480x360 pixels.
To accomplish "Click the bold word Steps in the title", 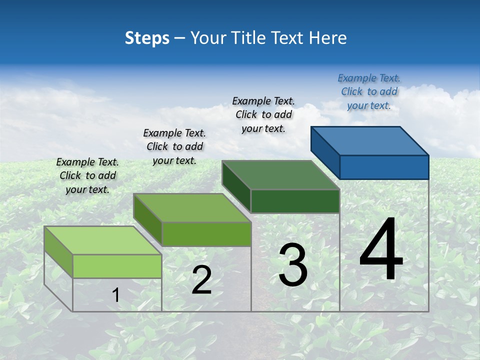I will click(147, 38).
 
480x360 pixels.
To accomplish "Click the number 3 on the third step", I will click(293, 265).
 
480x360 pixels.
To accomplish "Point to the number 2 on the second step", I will click(201, 280).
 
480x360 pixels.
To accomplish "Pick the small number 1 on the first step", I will click(115, 295).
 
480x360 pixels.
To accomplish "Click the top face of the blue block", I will click(370, 140).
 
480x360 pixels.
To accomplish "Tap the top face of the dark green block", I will click(280, 175).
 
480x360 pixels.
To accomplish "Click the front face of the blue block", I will click(384, 167).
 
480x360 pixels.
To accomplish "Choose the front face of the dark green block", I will click(295, 201).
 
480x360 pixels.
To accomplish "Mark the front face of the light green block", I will click(117, 266).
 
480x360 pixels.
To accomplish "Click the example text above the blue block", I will click(369, 91).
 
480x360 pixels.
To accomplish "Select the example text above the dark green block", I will click(263, 114).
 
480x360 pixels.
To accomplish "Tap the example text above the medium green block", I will click(174, 146).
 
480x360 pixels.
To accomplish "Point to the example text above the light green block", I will click(87, 175).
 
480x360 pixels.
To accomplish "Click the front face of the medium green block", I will click(206, 234).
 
